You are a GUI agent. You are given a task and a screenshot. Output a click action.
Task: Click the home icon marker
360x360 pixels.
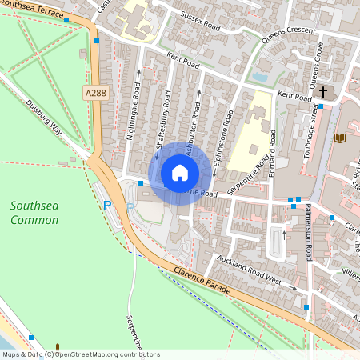tap(180, 172)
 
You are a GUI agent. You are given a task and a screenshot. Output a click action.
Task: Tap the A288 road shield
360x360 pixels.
tap(95, 94)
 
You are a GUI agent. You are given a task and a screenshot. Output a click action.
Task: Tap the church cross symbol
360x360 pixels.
tap(323, 93)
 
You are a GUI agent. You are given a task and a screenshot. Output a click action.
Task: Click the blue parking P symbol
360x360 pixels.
tap(107, 206)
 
